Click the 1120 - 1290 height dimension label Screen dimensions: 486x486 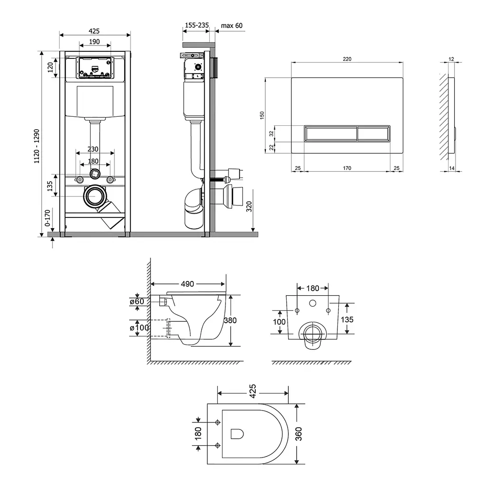tap(37, 146)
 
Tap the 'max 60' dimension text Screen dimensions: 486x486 tap(232, 26)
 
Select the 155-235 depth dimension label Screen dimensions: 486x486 tap(197, 25)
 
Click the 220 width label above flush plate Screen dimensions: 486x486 tap(347, 59)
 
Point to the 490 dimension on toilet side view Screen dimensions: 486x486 tap(187, 284)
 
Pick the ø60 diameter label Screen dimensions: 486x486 tap(137, 301)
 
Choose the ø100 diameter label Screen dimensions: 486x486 tap(140, 327)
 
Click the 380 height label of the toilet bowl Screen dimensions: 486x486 tap(230, 320)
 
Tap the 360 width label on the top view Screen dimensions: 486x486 tap(298, 434)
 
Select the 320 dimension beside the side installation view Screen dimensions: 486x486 tap(249, 206)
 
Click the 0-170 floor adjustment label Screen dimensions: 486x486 tap(47, 218)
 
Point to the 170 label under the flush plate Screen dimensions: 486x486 tap(347, 168)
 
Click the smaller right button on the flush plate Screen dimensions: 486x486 tap(374, 133)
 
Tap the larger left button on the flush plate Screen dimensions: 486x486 tap(331, 133)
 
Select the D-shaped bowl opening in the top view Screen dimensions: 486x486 tap(237, 434)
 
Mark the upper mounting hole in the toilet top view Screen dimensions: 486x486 tap(217, 422)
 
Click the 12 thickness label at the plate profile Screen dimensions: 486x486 tap(451, 59)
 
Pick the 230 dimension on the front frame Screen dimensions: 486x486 tap(93, 149)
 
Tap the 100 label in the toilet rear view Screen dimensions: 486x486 tap(279, 322)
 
